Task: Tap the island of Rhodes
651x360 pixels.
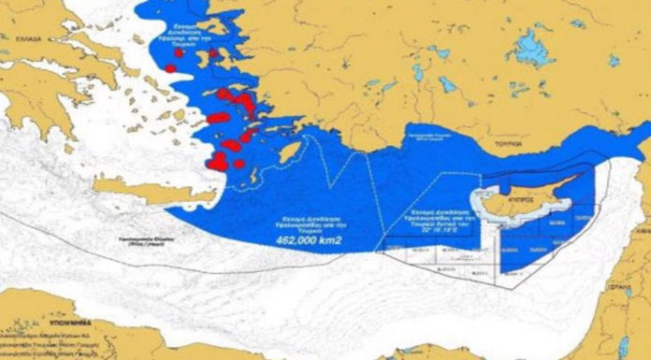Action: click(291, 151)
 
